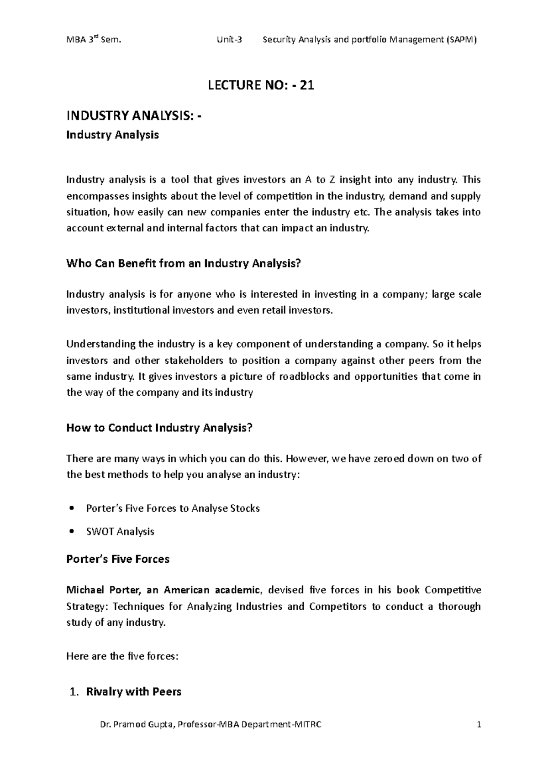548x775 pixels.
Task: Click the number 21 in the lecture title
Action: point(307,85)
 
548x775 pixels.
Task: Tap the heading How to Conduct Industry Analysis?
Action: point(159,428)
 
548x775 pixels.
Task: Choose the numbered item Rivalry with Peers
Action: point(133,692)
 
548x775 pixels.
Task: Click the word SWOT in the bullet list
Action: point(100,532)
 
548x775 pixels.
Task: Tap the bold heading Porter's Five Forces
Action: point(118,559)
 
